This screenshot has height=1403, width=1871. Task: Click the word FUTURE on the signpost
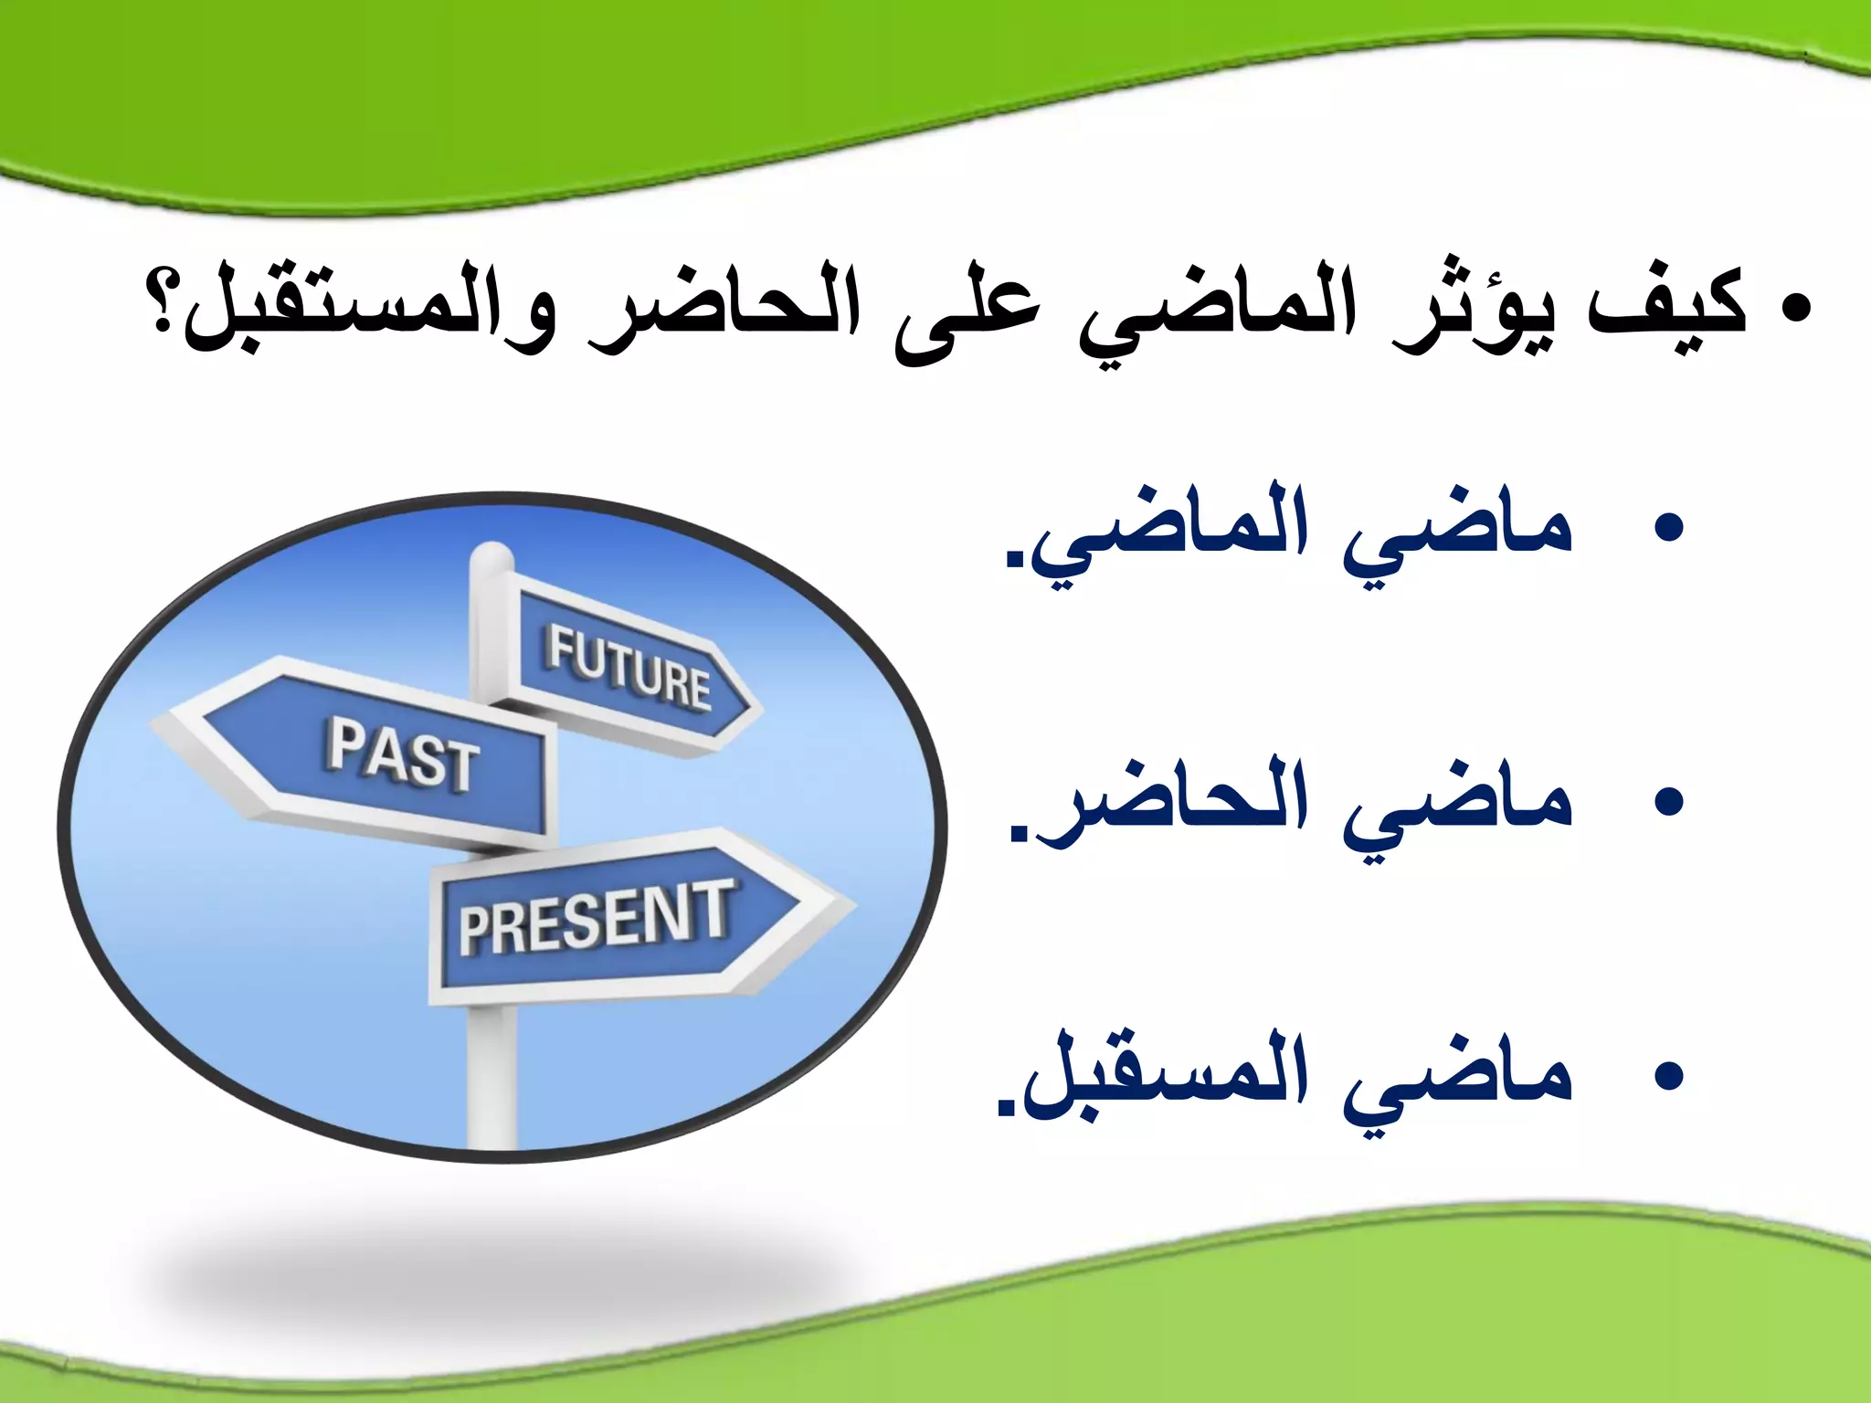pyautogui.click(x=629, y=668)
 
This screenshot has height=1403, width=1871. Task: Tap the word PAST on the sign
pyautogui.click(x=403, y=754)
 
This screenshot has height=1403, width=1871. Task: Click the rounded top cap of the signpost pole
pyautogui.click(x=492, y=555)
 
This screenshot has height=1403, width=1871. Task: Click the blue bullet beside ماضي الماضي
pyautogui.click(x=1668, y=529)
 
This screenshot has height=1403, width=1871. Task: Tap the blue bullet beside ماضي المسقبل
pyautogui.click(x=1668, y=1075)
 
